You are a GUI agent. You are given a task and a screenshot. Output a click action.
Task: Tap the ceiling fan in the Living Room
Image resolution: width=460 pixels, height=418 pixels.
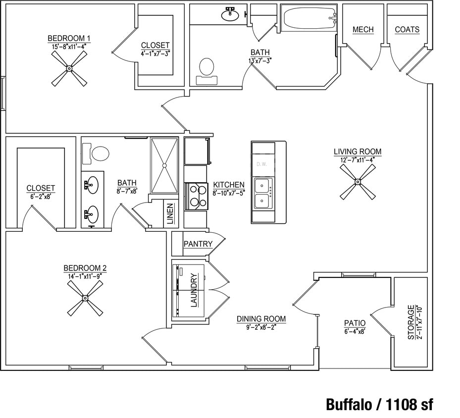coord(357,182)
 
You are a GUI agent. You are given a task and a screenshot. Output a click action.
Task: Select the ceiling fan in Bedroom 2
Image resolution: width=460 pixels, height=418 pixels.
coord(85,298)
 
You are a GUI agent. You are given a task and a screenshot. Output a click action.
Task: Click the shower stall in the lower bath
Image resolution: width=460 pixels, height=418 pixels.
coord(164,165)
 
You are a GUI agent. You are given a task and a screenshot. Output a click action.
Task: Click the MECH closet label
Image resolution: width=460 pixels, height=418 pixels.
coord(363,30)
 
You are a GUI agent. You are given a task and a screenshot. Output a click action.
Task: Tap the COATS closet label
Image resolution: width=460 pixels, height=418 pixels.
coord(407,30)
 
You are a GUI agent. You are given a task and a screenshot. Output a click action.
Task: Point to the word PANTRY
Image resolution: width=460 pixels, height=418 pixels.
coord(198,244)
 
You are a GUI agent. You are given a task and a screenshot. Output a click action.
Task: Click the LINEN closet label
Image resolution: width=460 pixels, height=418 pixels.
coord(169,214)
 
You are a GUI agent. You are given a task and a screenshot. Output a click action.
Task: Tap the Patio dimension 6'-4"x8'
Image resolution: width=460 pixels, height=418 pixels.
coord(355,331)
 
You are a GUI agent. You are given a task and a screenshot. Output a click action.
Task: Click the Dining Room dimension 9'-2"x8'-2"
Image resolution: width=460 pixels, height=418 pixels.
coord(261,326)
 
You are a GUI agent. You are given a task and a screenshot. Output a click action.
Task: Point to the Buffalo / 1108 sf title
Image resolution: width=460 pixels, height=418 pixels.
coord(379,404)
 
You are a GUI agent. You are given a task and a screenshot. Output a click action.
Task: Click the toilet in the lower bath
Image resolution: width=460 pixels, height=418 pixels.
coord(100,153)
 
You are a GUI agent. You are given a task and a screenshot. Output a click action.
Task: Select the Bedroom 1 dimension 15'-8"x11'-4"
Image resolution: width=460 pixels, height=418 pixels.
coord(69,46)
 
